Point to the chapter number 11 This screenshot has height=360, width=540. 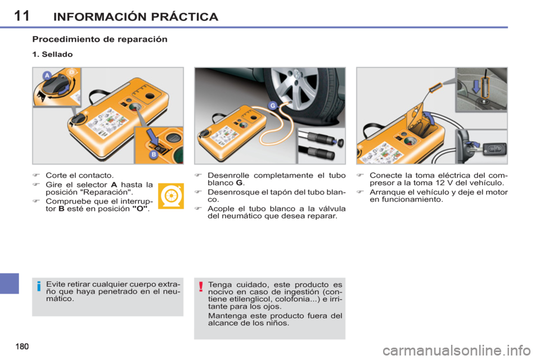21,15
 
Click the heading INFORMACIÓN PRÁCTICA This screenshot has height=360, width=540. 136,16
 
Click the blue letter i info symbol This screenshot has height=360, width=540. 39,288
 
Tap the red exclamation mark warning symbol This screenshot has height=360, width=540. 200,288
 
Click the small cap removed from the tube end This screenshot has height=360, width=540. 336,142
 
